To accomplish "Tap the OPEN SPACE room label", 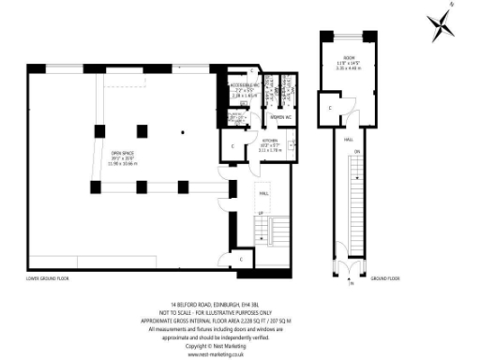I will [122, 154].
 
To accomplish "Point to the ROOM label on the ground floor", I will [349, 58].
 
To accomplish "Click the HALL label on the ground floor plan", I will [348, 139].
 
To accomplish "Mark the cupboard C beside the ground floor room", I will [330, 107].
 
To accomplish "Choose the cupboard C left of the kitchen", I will [233, 146].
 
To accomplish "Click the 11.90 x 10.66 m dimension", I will [122, 163].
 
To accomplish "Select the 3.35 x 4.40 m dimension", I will [349, 69].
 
